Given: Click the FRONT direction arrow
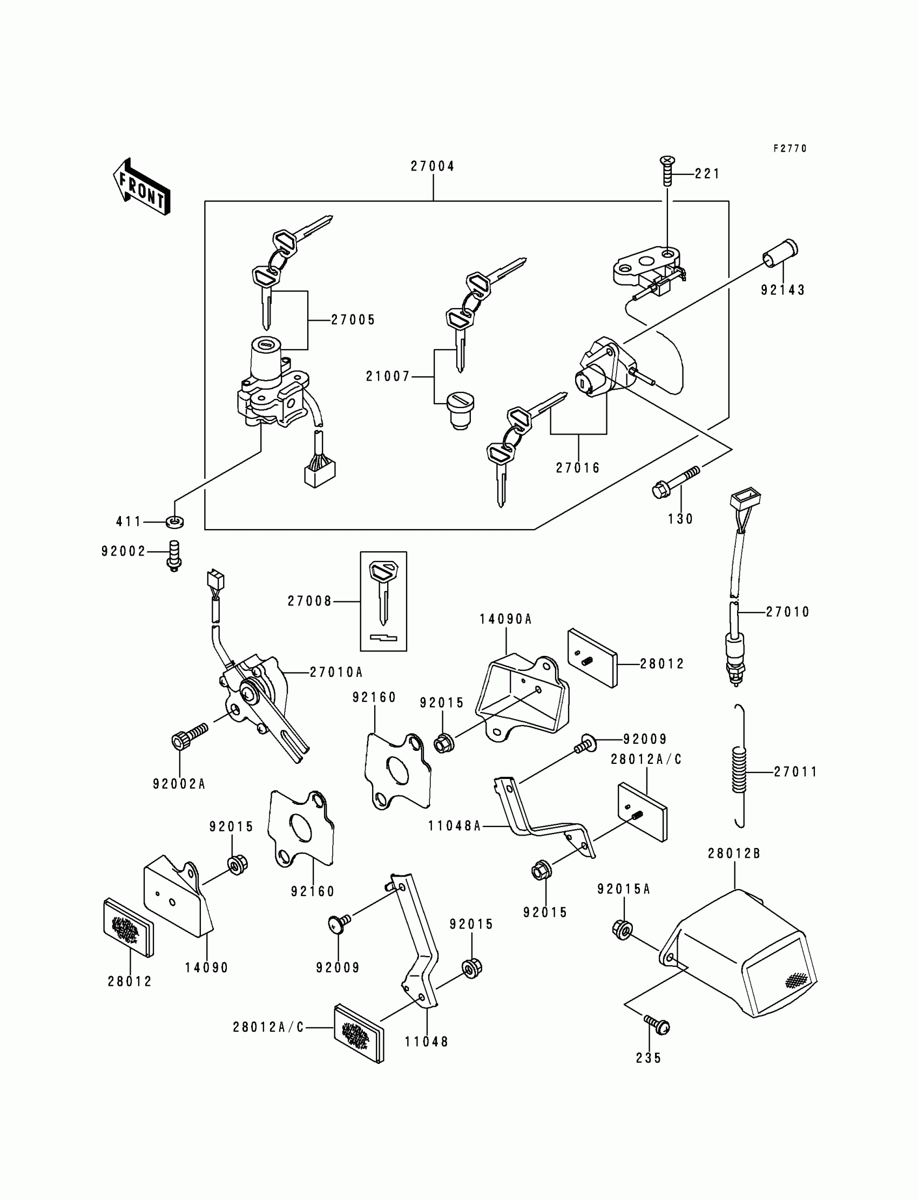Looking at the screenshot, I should pos(141,187).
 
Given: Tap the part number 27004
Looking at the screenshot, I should pos(432,167).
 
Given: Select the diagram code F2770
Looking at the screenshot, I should pos(789,148).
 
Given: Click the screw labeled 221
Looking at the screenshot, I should pos(668,172).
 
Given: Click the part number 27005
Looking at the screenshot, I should pos(353,320).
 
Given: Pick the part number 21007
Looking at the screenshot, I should pos(388,376).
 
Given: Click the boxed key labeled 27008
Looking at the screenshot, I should pos(383,601).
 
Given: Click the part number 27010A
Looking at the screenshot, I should pos(336,673).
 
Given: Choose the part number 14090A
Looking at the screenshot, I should pos(505,619).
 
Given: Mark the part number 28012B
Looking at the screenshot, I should pos(734,853).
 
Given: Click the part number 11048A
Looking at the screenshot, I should pos(454,826).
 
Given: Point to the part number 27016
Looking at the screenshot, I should pos(578,468).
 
